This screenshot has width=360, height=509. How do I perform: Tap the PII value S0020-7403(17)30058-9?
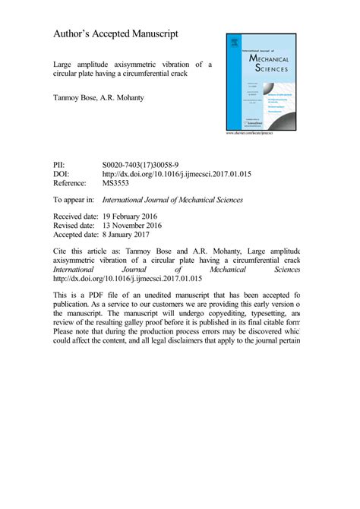pos(141,164)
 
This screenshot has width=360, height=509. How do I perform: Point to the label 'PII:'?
pos(59,164)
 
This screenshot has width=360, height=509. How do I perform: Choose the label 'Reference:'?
pos(71,183)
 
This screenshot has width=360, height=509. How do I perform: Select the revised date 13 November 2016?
pos(144,226)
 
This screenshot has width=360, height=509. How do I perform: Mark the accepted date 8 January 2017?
pos(136,235)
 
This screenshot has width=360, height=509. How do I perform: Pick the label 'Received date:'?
pos(77,217)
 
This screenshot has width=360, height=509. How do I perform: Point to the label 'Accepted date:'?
pos(78,235)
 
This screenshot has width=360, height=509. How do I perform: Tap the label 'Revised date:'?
pos(75,226)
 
